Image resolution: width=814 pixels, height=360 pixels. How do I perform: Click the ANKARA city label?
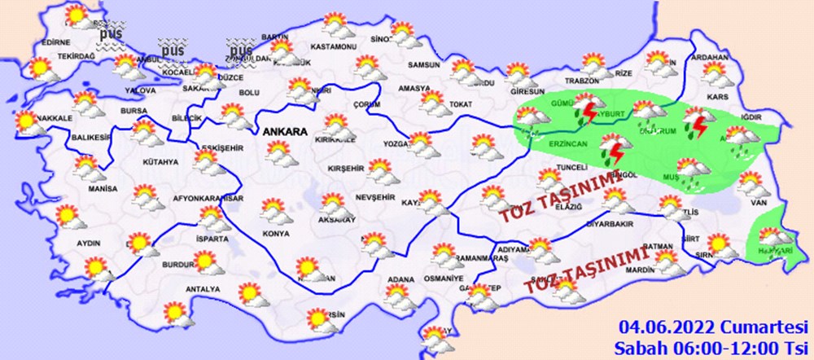[283, 131]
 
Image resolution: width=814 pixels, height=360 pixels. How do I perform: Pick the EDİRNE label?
[55, 42]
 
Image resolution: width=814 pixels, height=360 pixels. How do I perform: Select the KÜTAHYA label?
[160, 163]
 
